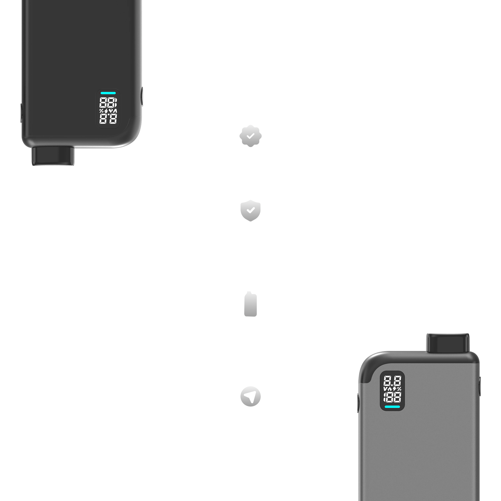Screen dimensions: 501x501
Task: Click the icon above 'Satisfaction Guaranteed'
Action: pos(250,136)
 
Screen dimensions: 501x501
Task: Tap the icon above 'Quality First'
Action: pos(250,211)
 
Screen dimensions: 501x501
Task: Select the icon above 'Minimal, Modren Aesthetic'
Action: pos(250,304)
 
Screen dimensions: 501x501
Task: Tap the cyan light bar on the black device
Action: pos(108,93)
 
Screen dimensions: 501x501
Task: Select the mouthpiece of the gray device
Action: pos(448,343)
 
